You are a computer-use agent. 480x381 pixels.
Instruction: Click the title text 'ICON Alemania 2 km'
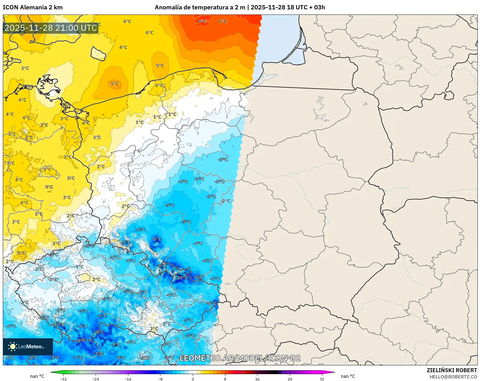33,7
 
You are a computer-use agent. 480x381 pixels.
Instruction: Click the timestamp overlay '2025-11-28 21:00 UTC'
51,28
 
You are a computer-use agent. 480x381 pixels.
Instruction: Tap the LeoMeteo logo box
28,347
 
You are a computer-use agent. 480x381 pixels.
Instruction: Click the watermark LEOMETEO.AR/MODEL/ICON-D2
240,358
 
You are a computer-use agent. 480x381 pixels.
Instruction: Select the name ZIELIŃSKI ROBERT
452,370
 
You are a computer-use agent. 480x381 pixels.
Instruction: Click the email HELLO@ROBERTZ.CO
453,377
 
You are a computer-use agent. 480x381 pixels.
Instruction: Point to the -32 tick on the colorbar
63,379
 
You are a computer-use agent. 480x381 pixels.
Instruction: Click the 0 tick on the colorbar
193,379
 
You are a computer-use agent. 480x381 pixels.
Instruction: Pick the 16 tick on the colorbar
257,379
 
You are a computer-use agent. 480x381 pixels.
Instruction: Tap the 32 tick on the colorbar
322,379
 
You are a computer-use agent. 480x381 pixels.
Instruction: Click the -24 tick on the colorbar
96,379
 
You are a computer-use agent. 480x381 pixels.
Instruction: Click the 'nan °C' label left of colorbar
37,376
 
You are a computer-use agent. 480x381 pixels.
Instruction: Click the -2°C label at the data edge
226,201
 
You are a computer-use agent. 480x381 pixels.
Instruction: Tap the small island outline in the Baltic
98,53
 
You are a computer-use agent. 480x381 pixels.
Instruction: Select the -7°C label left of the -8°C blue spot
126,243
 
